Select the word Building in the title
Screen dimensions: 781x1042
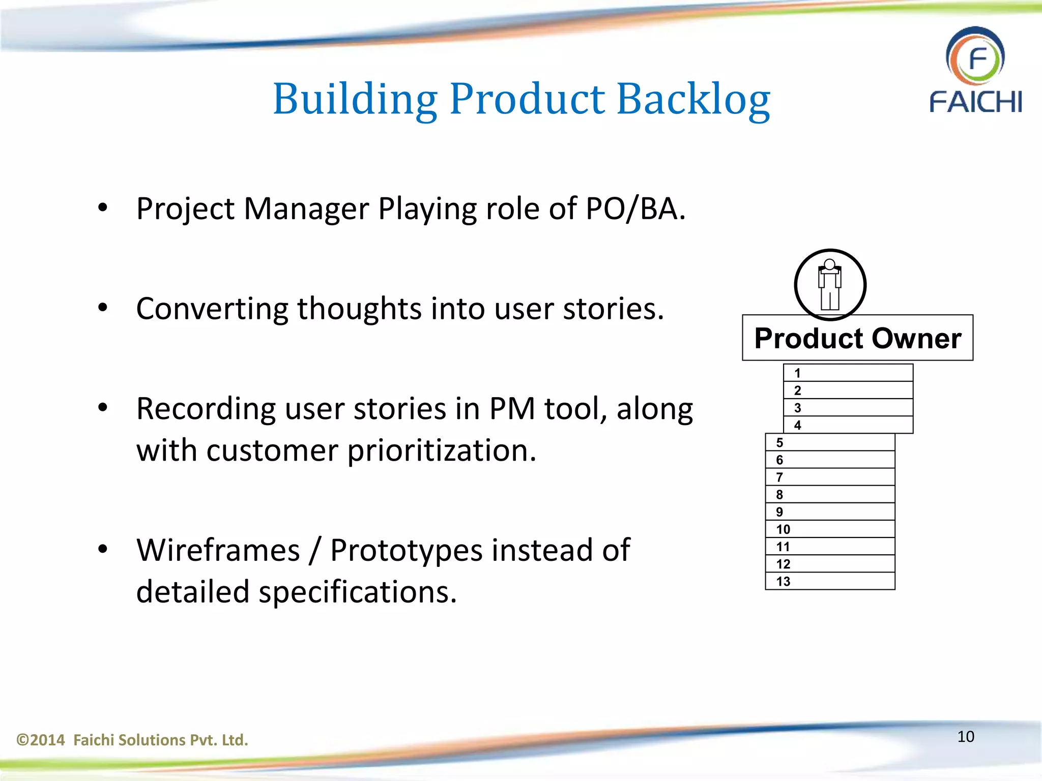tap(355, 99)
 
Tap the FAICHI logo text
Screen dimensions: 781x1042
tap(975, 102)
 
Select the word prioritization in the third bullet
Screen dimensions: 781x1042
tap(442, 450)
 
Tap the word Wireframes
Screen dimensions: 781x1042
tap(218, 550)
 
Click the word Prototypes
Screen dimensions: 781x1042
tap(406, 550)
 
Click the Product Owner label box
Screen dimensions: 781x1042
tap(857, 338)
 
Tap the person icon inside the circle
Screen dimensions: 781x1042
tap(830, 285)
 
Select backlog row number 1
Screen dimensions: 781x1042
tap(848, 373)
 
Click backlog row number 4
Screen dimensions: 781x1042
tap(848, 425)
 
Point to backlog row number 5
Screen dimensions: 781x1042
tap(830, 442)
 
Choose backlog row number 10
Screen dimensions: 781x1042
tap(830, 529)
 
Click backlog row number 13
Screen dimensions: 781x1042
tap(830, 581)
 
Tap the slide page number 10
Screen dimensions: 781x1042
tap(966, 737)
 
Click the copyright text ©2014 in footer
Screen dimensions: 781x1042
tap(41, 740)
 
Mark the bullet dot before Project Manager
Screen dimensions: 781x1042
tap(103, 208)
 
